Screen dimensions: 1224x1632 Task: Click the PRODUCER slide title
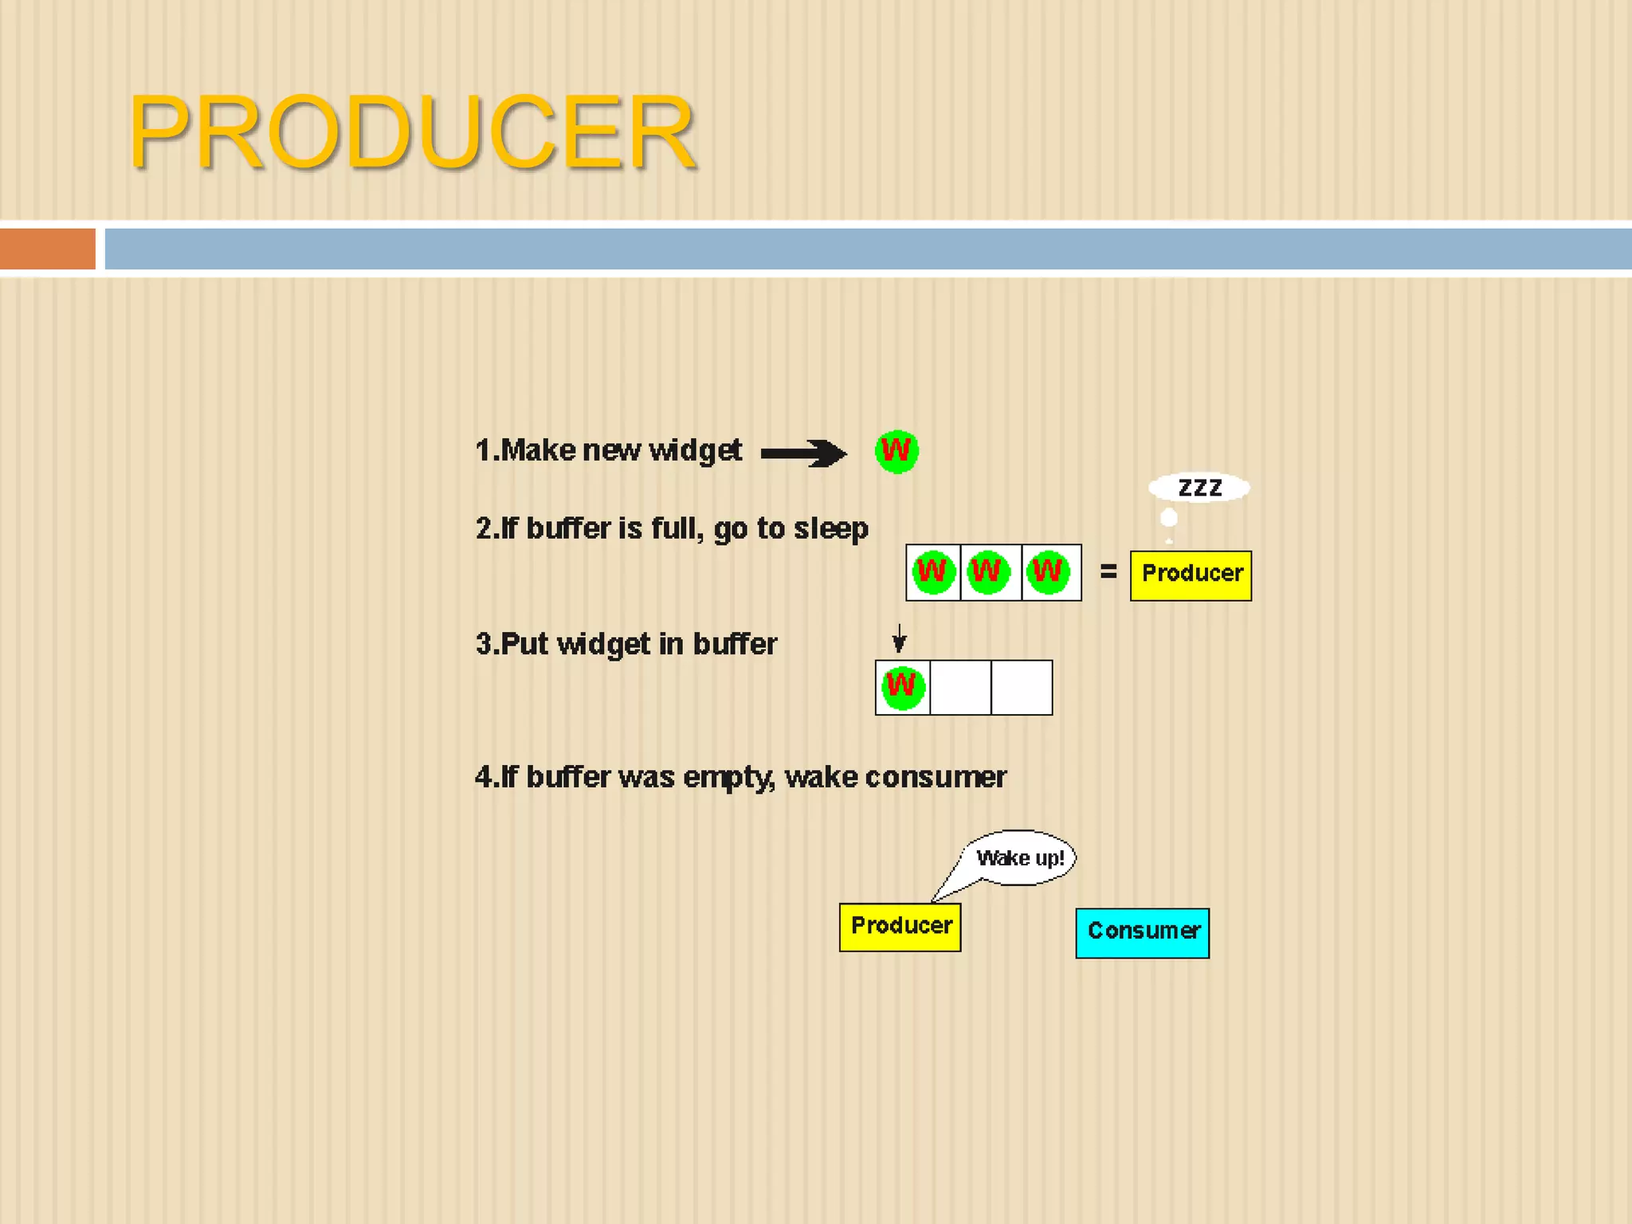click(x=412, y=132)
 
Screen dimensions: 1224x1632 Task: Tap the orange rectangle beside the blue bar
click(x=47, y=249)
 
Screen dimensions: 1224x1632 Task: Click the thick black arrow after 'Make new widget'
click(x=803, y=453)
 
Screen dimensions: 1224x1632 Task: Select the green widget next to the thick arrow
click(x=896, y=452)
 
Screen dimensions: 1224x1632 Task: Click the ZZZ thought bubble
click(x=1199, y=488)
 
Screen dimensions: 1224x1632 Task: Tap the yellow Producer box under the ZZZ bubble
click(x=1191, y=575)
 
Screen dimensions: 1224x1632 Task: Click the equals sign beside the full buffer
click(x=1108, y=571)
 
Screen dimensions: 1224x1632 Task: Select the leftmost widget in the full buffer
click(x=932, y=572)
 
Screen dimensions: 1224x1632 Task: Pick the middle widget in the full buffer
click(x=988, y=572)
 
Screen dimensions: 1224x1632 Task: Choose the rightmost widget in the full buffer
click(x=1048, y=572)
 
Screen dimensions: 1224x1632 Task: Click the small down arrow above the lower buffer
click(x=899, y=638)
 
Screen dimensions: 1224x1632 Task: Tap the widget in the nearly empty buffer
click(x=902, y=687)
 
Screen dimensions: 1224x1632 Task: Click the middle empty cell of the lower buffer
click(x=961, y=687)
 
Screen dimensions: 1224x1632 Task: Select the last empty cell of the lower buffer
click(x=1022, y=687)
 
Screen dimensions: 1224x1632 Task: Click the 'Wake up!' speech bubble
click(x=1021, y=858)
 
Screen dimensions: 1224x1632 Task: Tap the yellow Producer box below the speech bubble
click(x=900, y=927)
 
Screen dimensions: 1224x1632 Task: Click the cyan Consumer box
click(x=1142, y=932)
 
